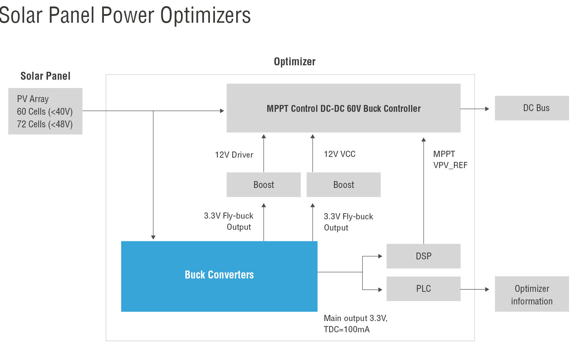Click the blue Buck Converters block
coord(219,276)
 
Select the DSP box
coord(423,256)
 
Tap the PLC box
coord(423,289)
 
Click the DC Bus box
coord(532,108)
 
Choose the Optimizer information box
coord(532,294)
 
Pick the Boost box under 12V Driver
coord(264,185)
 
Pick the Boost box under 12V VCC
coord(344,185)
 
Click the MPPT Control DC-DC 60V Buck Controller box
coord(344,108)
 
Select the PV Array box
coord(45,111)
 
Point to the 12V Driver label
coord(234,155)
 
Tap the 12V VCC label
coord(339,154)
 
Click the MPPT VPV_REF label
coord(450,159)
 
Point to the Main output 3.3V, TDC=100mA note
coord(356,324)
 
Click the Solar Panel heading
coord(45,76)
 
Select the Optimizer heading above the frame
coord(295,62)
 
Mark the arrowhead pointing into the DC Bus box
coord(487,109)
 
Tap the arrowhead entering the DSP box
coord(380,256)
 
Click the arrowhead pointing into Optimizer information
coord(487,289)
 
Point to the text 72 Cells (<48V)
coord(45,124)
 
